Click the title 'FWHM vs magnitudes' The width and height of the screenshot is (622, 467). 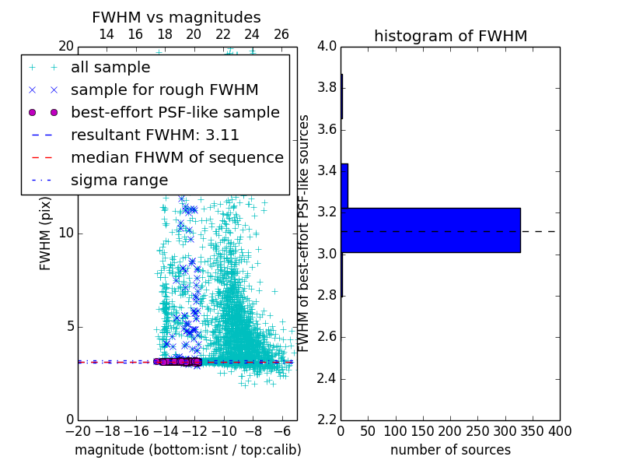click(176, 17)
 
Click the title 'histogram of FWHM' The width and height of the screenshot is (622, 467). click(450, 36)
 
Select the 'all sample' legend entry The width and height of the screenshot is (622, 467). click(110, 68)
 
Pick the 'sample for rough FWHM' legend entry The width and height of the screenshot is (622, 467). click(165, 90)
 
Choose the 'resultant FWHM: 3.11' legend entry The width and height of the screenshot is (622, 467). click(155, 135)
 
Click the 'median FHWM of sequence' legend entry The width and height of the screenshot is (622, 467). click(177, 157)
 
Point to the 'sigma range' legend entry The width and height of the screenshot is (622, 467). click(119, 180)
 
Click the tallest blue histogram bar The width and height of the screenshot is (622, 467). click(430, 230)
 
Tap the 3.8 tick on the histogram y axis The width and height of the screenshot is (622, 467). click(327, 87)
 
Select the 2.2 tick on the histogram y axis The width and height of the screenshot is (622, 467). click(327, 420)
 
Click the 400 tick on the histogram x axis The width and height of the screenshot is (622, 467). click(560, 431)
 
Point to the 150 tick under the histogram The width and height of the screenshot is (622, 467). click(423, 431)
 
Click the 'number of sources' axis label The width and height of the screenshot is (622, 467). click(450, 450)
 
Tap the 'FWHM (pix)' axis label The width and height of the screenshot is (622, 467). click(46, 233)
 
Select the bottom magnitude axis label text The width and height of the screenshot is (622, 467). click(187, 450)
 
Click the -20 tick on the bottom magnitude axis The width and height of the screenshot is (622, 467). click(78, 431)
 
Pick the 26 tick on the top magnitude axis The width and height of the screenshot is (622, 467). click(281, 34)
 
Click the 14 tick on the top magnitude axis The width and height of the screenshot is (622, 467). click(107, 34)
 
